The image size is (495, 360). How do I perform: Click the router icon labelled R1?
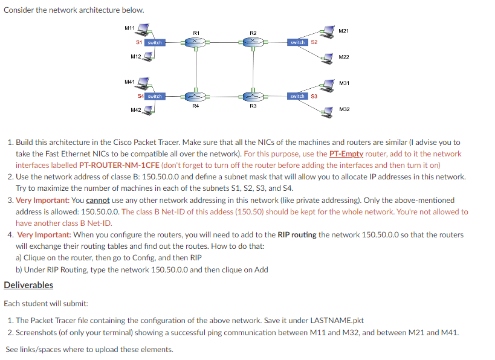coord(195,42)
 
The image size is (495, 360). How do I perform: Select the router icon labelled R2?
coord(253,42)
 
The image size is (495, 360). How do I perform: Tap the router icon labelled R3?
coord(253,96)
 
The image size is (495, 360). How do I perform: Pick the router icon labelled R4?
coord(195,96)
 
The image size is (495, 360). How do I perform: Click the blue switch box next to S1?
coord(155,42)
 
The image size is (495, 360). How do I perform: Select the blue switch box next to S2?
coord(298,42)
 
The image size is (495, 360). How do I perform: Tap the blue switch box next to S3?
coord(297,96)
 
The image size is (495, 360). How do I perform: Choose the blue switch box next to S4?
coord(155,96)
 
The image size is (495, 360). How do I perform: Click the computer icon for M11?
coord(145,31)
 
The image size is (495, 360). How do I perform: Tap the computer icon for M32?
coord(329,110)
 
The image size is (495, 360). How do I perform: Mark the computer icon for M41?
coord(145,83)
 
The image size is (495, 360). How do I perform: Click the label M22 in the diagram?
coord(344,57)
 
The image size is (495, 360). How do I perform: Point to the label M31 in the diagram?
coord(345,83)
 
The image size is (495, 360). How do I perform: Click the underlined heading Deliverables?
coord(28,285)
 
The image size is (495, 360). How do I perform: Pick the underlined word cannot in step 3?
coord(97,200)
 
